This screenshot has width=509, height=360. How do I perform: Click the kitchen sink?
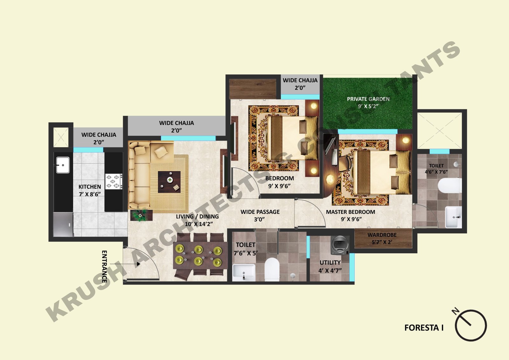pyautogui.click(x=63, y=165)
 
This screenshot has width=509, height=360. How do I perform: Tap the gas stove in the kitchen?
pyautogui.click(x=114, y=181)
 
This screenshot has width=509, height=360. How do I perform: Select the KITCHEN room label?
pyautogui.click(x=90, y=187)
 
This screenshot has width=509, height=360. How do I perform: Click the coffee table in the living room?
pyautogui.click(x=169, y=182)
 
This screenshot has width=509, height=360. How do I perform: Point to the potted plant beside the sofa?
pyautogui.click(x=141, y=215)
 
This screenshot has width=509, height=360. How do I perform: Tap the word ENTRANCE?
pyautogui.click(x=104, y=266)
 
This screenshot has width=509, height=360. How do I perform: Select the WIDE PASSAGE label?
pyautogui.click(x=260, y=212)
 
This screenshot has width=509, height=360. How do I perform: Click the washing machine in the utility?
pyautogui.click(x=340, y=245)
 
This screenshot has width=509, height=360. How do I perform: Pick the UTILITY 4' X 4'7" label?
pyautogui.click(x=330, y=266)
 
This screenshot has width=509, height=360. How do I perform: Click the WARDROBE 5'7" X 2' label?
pyautogui.click(x=382, y=238)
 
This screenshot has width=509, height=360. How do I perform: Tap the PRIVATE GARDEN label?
pyautogui.click(x=368, y=99)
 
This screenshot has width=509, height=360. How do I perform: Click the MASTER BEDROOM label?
pyautogui.click(x=350, y=212)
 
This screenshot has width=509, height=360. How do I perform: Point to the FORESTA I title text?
pyautogui.click(x=424, y=328)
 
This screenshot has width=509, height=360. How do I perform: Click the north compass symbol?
pyautogui.click(x=470, y=324)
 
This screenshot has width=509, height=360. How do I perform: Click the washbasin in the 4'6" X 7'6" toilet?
pyautogui.click(x=453, y=217)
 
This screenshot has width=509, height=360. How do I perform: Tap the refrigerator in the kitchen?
pyautogui.click(x=63, y=224)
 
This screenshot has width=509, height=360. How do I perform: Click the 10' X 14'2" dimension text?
pyautogui.click(x=199, y=224)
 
